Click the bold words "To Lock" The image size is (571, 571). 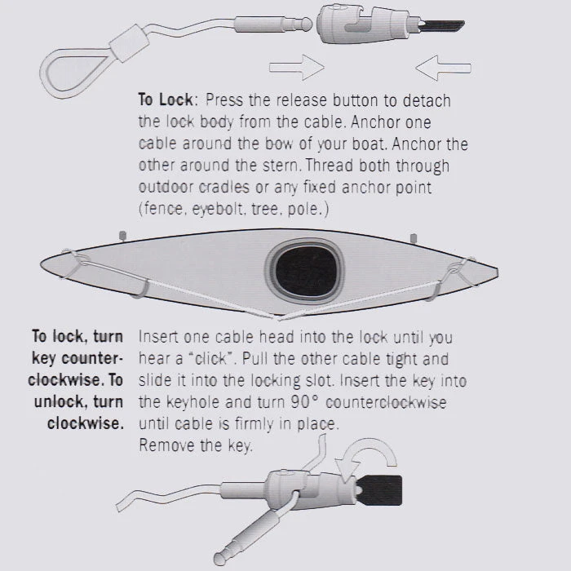[166, 100]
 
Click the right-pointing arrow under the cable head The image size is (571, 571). [296, 68]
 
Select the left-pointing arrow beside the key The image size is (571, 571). [443, 68]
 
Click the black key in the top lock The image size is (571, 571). [442, 26]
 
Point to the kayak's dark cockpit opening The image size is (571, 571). [307, 271]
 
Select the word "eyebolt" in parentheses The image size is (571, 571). [218, 209]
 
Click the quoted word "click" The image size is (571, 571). [210, 359]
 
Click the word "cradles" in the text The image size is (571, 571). [224, 187]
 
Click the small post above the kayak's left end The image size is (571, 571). [122, 236]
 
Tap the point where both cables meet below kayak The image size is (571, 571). [277, 317]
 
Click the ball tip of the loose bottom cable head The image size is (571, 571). [219, 558]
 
